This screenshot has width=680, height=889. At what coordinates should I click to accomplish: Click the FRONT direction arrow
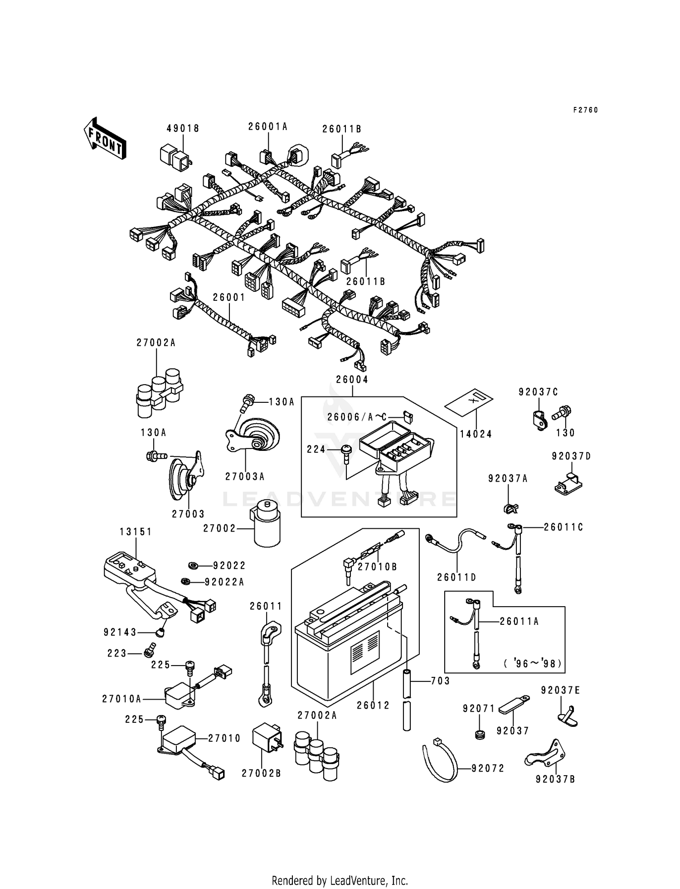(104, 138)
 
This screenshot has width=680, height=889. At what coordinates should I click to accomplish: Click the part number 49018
(183, 129)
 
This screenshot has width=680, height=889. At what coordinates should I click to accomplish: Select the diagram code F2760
(585, 110)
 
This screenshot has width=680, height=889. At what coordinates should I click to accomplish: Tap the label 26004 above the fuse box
(352, 380)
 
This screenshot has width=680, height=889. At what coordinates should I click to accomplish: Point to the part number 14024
(476, 434)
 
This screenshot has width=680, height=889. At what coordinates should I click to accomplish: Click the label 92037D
(571, 456)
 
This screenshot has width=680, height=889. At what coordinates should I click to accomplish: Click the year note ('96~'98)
(532, 664)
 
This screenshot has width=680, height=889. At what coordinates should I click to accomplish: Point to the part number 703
(440, 681)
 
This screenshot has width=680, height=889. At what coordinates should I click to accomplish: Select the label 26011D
(457, 577)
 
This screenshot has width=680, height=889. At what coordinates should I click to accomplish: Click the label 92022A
(224, 582)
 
